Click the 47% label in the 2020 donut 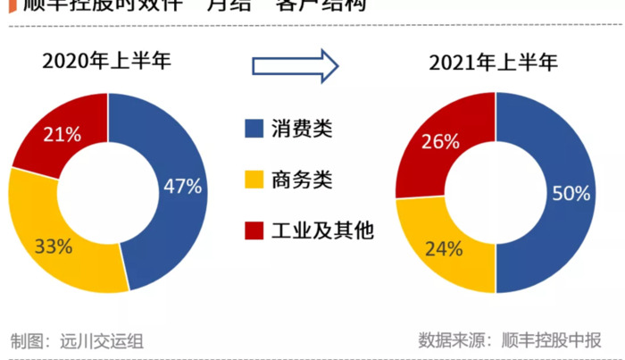tap(182, 187)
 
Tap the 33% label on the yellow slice tap(53, 247)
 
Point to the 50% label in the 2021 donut tap(571, 194)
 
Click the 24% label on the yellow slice tap(443, 248)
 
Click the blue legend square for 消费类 tap(254, 129)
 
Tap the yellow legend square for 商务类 tap(254, 180)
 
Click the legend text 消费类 tap(302, 129)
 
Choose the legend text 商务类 tap(302, 180)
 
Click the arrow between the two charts tap(296, 65)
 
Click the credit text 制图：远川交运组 tap(77, 340)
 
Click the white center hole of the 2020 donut tap(108, 192)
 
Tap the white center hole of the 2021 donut tap(495, 192)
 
